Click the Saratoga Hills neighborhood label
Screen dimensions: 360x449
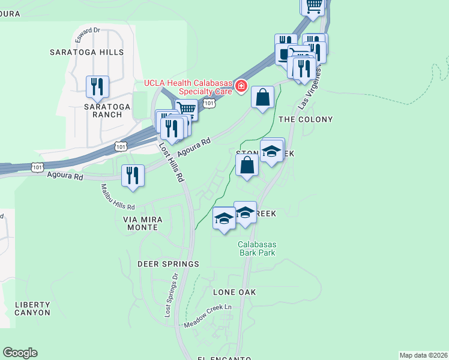(86, 52)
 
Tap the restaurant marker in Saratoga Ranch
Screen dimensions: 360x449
(97, 87)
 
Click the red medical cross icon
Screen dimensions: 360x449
(241, 86)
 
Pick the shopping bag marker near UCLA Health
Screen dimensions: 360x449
(262, 98)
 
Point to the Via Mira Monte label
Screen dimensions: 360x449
(143, 224)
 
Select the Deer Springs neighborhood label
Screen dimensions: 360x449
(168, 264)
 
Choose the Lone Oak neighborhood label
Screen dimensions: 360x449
(235, 292)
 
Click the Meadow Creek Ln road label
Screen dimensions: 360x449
(208, 315)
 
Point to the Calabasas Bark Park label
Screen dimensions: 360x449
(256, 248)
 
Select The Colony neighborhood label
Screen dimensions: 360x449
(306, 119)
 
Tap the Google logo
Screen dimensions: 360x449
(20, 353)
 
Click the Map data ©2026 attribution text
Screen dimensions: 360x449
(424, 355)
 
